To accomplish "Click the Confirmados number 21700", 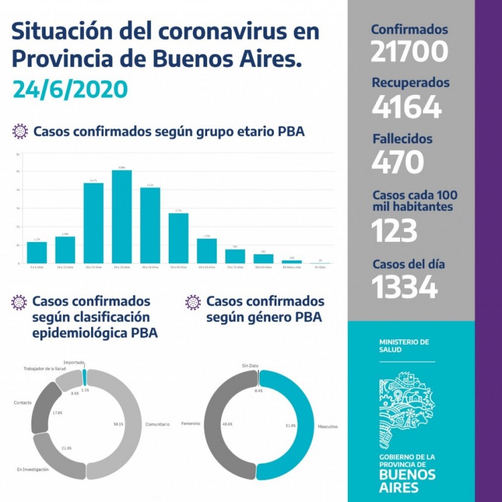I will pyautogui.click(x=409, y=51).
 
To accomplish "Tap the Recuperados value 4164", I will pyautogui.click(x=407, y=107).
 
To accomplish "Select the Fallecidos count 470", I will pyautogui.click(x=398, y=162).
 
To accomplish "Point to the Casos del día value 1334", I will pyautogui.click(x=405, y=287).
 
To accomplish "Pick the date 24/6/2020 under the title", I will pyautogui.click(x=70, y=89).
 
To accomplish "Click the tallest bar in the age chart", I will pyautogui.click(x=121, y=217).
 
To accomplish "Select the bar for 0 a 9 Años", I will pyautogui.click(x=37, y=252).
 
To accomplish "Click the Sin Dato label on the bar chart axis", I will pyautogui.click(x=320, y=267).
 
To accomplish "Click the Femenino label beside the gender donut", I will pyautogui.click(x=191, y=423).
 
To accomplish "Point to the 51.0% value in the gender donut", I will pyautogui.click(x=291, y=426).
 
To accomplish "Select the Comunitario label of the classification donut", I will pyautogui.click(x=157, y=424).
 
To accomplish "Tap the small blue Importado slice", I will pyautogui.click(x=85, y=376).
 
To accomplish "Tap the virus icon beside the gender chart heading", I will pyautogui.click(x=193, y=302).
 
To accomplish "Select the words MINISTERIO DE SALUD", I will pyautogui.click(x=396, y=344).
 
